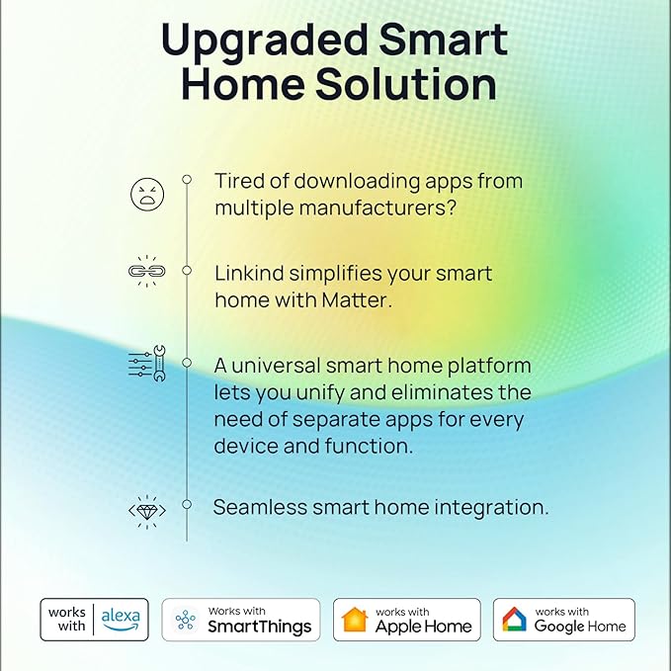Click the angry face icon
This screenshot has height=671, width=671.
147,194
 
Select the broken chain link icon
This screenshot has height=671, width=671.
147,272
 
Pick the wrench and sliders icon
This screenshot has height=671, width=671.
147,366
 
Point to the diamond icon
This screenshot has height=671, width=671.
147,510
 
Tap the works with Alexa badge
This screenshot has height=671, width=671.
94,619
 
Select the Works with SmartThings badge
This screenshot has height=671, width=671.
240,620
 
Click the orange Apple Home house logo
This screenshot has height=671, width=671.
354,620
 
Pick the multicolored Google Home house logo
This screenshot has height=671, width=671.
514,620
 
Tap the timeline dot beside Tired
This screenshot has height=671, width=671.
186,179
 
